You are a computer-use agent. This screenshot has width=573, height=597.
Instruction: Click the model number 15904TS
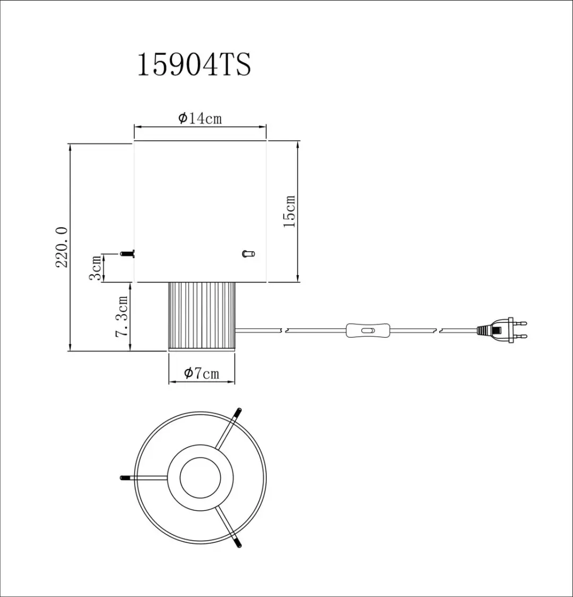point(194,65)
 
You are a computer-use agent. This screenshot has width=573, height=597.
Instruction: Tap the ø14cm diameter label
point(200,118)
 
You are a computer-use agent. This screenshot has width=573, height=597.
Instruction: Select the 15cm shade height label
point(289,212)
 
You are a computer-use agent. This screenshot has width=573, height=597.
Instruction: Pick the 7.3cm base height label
point(121,317)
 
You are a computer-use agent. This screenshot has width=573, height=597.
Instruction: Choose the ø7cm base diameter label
point(202,373)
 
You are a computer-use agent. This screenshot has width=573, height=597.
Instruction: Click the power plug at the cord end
point(502,330)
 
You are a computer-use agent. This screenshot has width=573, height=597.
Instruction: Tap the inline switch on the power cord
point(367,330)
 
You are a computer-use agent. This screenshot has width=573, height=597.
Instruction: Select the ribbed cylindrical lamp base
point(202,317)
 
